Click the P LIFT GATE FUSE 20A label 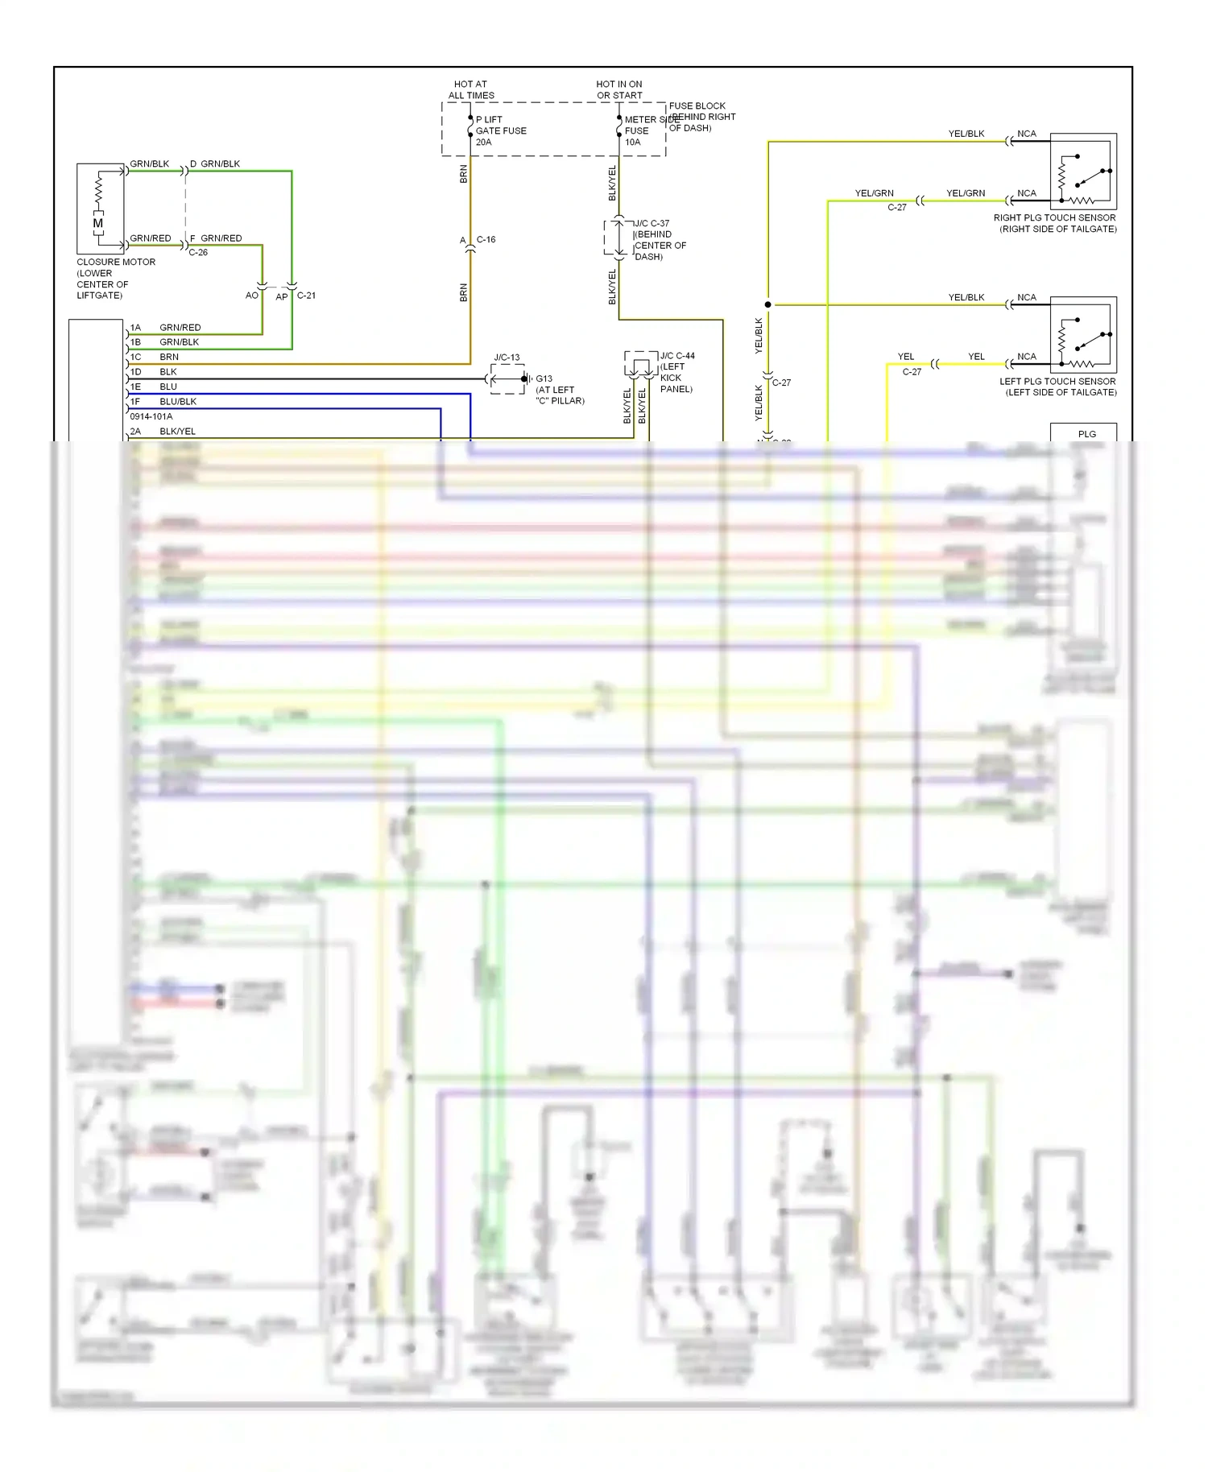click(x=500, y=130)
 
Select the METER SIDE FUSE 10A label click(x=641, y=130)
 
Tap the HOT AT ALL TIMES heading click(x=471, y=89)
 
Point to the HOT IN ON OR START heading click(x=619, y=89)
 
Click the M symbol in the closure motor click(x=98, y=223)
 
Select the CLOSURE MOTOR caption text click(x=115, y=279)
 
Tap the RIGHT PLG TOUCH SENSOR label click(x=1055, y=223)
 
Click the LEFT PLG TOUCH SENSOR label click(x=1058, y=387)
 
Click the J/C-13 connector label click(x=507, y=358)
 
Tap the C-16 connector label click(x=486, y=240)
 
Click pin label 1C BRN click(x=155, y=357)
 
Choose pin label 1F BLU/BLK click(x=163, y=401)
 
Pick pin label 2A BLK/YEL click(x=163, y=432)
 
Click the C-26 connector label click(x=198, y=252)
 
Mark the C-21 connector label click(x=306, y=296)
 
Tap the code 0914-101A click(x=151, y=416)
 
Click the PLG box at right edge click(x=1085, y=433)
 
